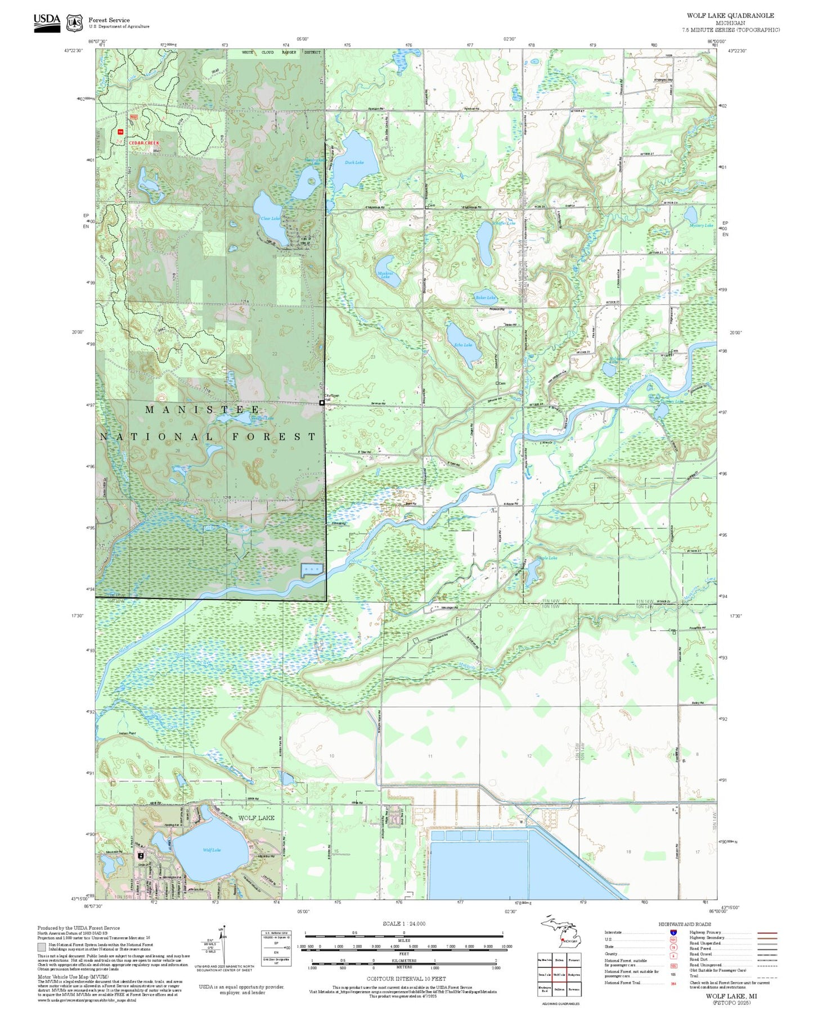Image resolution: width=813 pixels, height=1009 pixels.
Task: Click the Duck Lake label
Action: coord(354,162)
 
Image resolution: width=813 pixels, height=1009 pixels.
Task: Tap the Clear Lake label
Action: coord(269,218)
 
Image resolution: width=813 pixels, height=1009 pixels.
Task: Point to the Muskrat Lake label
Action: coord(385,275)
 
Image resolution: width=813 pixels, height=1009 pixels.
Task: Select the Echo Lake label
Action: coord(463,345)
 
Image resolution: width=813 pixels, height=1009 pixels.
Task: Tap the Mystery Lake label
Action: coord(701,225)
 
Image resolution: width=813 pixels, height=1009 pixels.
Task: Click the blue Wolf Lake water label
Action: coord(212,850)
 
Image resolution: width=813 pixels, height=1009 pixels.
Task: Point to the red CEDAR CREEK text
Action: coord(144,143)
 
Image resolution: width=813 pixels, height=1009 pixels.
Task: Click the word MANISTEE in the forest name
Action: coord(203,409)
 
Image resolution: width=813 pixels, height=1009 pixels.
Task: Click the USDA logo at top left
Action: coord(47,22)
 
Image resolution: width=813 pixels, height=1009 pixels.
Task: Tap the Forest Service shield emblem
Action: coord(74,23)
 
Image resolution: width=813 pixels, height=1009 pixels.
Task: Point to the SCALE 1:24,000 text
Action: coord(404,924)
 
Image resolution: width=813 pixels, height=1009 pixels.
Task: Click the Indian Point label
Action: coord(128,733)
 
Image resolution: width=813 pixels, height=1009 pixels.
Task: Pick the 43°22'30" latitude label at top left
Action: coord(73,50)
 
